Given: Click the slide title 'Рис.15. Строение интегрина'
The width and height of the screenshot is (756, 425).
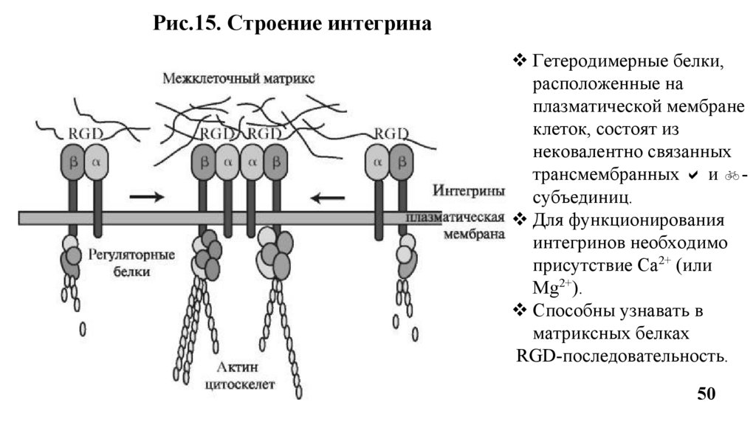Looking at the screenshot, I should [292, 24].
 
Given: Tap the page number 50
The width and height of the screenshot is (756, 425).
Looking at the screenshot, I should [707, 394].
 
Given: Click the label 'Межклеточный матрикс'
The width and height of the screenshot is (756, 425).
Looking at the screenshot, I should [238, 78].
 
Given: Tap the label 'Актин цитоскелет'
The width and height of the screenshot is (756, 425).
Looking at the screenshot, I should [243, 376].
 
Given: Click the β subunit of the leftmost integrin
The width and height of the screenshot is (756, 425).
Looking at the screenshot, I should [72, 162].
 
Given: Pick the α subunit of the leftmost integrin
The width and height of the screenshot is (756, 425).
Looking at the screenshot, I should [96, 162].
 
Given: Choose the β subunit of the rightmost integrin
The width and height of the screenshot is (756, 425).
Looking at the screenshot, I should [402, 162].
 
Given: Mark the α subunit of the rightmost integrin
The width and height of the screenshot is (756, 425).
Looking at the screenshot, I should [378, 162].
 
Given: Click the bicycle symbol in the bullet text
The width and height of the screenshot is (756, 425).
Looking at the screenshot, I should [732, 176].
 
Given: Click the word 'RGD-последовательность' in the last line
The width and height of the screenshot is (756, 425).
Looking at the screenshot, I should [620, 356].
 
